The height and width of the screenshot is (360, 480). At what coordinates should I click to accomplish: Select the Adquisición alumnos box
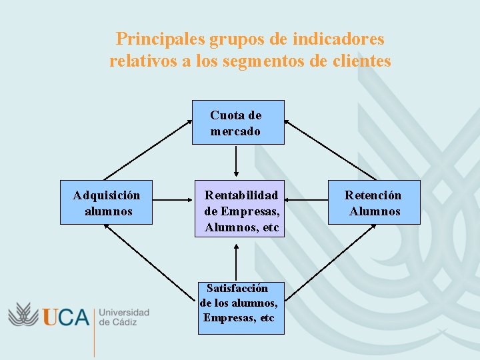tap(107, 202)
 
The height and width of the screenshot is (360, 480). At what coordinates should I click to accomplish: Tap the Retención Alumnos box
tap(374, 202)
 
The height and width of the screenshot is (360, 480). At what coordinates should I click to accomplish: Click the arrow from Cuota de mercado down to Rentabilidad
tap(237, 161)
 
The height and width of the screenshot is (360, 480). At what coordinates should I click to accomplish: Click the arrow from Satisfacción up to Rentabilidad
tap(237, 261)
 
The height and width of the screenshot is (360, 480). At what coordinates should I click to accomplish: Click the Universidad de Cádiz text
tap(123, 317)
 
